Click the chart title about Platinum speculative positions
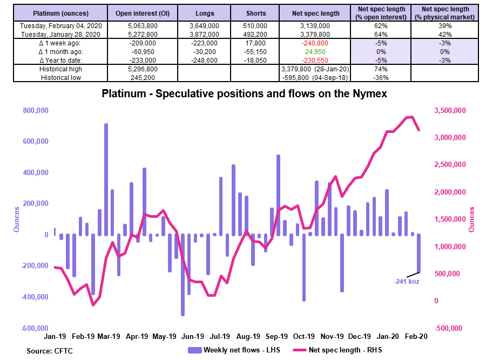pos(244,94)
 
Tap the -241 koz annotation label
pos(407,281)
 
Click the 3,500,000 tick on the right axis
pos(450,110)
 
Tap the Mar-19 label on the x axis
pos(109,336)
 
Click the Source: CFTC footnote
pos(50,351)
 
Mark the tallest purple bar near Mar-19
pos(106,179)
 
